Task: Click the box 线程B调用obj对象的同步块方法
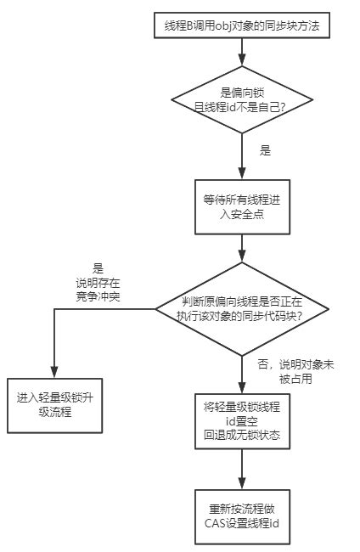pyautogui.click(x=243, y=27)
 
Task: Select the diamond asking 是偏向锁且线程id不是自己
pyautogui.click(x=243, y=101)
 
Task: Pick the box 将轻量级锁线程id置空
pyautogui.click(x=243, y=420)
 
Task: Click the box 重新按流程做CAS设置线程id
pyautogui.click(x=243, y=515)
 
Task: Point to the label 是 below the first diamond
pyautogui.click(x=265, y=150)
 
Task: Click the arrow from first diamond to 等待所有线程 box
pyautogui.click(x=243, y=157)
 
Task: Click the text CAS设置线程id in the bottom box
pyautogui.click(x=243, y=523)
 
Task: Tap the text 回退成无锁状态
pyautogui.click(x=243, y=436)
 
